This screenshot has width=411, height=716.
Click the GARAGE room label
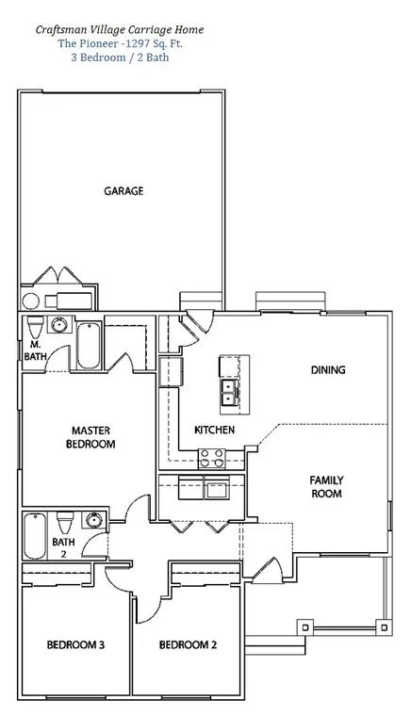(123, 191)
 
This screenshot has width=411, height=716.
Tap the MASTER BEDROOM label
(90, 437)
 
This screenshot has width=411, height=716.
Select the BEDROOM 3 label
(75, 644)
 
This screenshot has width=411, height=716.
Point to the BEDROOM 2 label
(188, 644)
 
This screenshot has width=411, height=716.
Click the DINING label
(328, 370)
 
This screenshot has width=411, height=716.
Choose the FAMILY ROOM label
(326, 487)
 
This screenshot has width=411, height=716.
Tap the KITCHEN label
(215, 430)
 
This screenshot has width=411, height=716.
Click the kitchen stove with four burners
(212, 459)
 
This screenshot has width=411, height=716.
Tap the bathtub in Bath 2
(35, 536)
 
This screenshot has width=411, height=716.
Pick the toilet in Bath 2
(65, 522)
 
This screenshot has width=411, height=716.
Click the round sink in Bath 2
(94, 520)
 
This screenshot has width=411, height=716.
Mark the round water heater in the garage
(31, 301)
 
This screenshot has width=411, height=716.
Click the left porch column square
(305, 626)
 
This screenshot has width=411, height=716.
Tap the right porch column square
(384, 626)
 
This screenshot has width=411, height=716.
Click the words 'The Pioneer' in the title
(84, 44)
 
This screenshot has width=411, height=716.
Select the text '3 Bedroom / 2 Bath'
(120, 57)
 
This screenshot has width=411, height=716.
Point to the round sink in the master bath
(58, 325)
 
